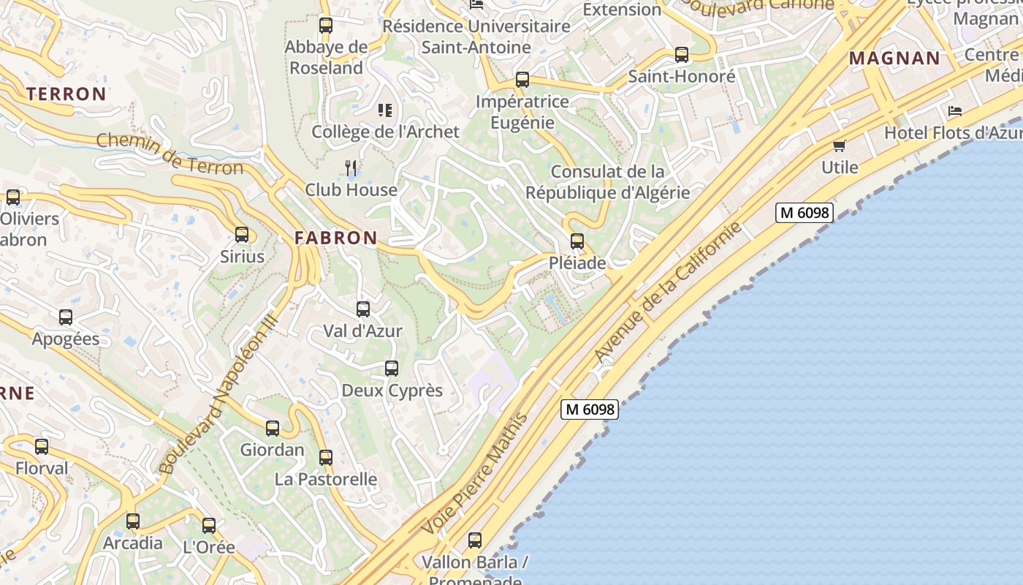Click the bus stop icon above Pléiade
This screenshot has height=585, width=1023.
click(577, 241)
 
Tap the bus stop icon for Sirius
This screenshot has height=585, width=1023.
click(242, 235)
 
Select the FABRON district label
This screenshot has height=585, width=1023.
click(336, 238)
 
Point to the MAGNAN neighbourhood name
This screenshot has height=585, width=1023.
click(894, 58)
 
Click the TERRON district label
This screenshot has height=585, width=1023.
click(66, 94)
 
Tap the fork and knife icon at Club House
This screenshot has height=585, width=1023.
click(351, 168)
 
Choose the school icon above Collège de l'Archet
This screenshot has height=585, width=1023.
click(385, 110)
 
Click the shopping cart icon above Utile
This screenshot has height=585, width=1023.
click(840, 146)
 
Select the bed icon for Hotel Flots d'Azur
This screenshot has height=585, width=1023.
click(955, 111)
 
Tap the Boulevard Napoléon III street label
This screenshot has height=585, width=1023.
click(217, 394)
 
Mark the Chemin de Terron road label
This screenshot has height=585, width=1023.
click(170, 154)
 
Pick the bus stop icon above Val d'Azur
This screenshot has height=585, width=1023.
click(363, 309)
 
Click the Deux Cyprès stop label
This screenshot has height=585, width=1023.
click(392, 390)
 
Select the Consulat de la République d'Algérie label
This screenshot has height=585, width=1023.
click(608, 182)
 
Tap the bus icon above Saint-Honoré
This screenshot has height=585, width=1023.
click(682, 55)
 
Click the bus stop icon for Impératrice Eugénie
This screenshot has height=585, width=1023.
click(522, 80)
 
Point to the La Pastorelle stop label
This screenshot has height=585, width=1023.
click(326, 480)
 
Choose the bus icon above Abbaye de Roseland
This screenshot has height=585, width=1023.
click(326, 26)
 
